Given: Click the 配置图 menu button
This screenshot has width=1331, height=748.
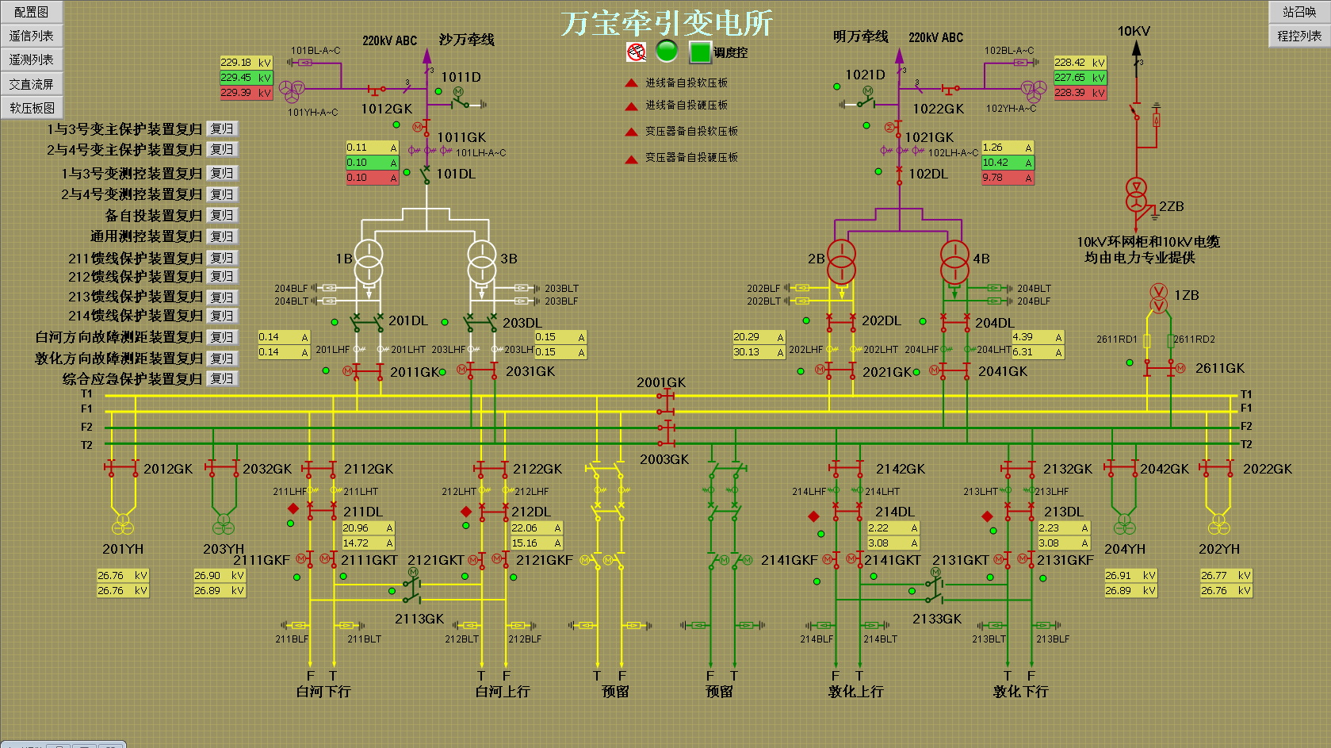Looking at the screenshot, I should (31, 12).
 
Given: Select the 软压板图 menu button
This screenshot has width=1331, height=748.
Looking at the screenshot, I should (32, 108).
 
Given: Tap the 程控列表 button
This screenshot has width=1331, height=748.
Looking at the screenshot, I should (1299, 36).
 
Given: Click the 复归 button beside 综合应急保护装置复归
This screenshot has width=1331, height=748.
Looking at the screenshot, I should (222, 379).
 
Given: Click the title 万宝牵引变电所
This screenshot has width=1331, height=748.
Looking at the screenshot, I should (667, 24).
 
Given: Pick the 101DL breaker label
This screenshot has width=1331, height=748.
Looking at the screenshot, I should (456, 174).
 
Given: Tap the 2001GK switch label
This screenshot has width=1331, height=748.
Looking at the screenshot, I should (661, 382).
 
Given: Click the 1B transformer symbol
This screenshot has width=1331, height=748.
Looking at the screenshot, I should (368, 263).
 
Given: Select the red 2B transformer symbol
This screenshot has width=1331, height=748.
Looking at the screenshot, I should (841, 262).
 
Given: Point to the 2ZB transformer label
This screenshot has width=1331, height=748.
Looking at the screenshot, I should (1171, 206).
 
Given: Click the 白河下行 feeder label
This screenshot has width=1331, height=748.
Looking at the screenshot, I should (323, 692).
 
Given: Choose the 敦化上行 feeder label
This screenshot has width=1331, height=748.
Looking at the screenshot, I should (856, 692).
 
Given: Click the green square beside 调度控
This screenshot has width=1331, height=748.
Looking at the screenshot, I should (699, 52).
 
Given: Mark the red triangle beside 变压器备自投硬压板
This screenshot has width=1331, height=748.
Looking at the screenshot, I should (631, 159).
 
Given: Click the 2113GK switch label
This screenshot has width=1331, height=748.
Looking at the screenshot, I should (419, 619).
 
